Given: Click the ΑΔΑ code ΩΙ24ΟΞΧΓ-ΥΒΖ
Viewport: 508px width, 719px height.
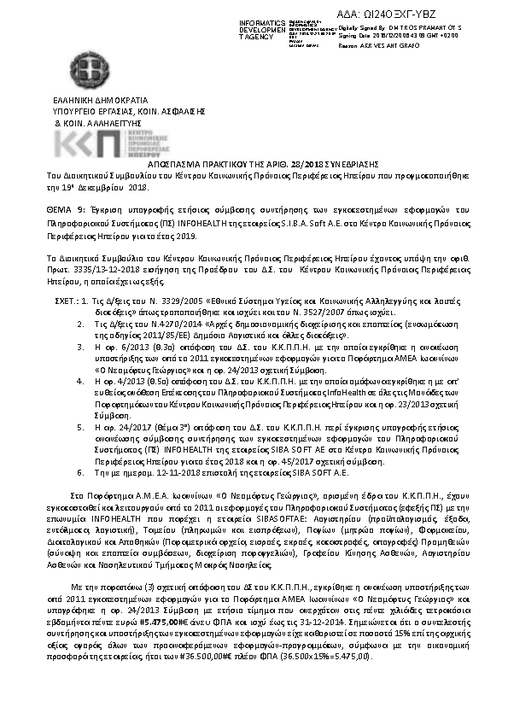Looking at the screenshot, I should click(x=423, y=13).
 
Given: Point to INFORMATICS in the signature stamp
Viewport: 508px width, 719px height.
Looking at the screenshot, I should click(x=257, y=20).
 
